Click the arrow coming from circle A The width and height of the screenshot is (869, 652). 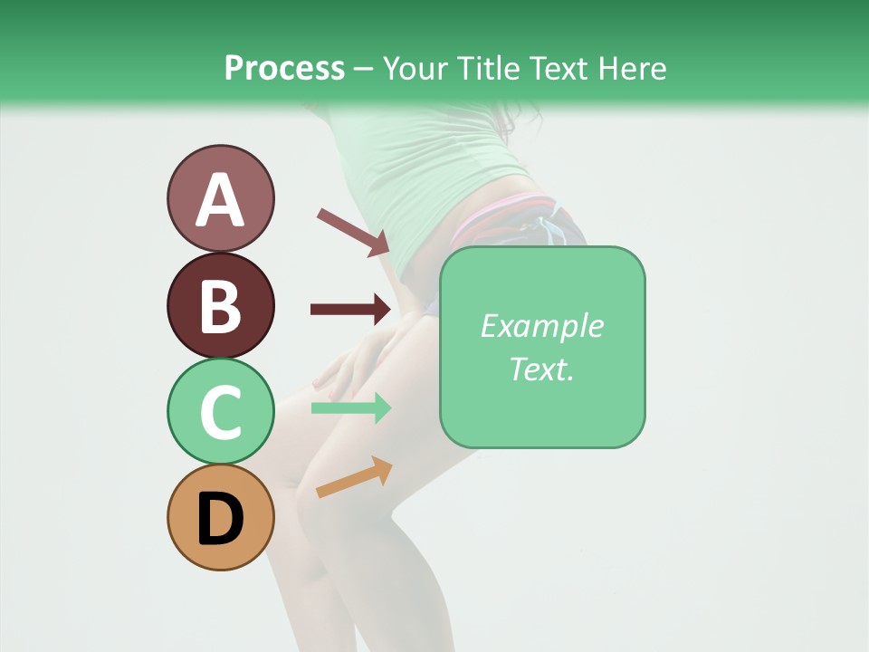(353, 231)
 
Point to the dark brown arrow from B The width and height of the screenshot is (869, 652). (351, 310)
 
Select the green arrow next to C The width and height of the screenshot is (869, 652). (351, 407)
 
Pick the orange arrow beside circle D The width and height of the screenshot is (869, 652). (354, 477)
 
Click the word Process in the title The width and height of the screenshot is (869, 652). (284, 69)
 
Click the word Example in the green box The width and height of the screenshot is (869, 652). (541, 326)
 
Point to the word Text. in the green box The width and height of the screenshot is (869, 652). (541, 369)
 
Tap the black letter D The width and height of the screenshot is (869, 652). (220, 520)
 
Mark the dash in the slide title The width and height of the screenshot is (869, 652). (364, 70)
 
